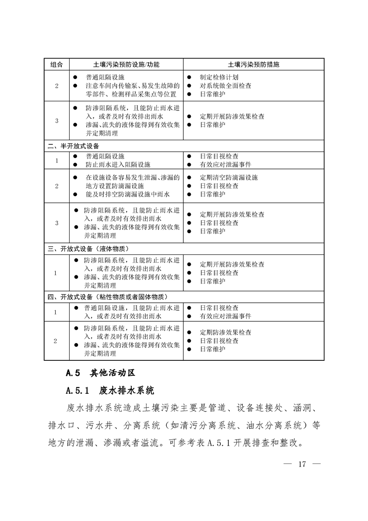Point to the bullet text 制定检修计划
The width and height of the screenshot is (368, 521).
(x=219, y=77)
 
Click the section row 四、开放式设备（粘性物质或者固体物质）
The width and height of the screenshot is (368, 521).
(x=107, y=297)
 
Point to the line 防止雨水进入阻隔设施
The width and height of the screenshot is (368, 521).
(x=118, y=164)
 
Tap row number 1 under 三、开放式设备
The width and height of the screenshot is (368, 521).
(x=56, y=273)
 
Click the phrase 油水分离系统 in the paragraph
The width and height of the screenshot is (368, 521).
(x=275, y=425)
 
